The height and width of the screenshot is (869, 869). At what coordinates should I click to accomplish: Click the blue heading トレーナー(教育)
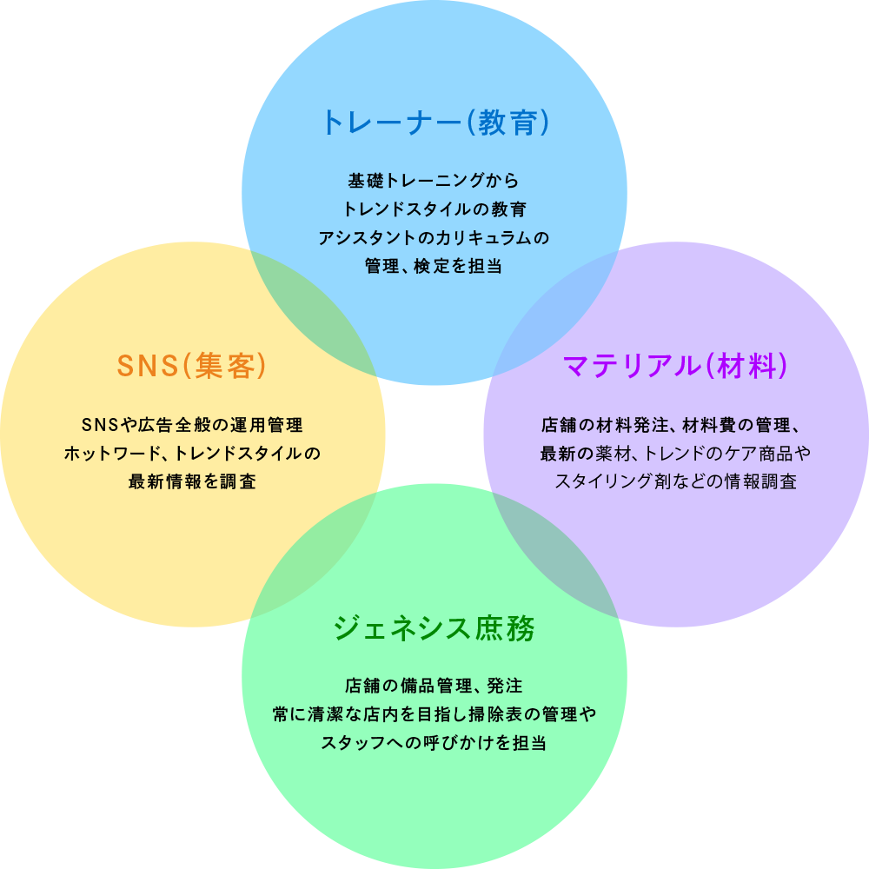click(434, 123)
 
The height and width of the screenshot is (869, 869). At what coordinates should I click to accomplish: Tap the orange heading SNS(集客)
click(192, 366)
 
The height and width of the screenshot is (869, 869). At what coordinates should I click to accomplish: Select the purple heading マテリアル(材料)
click(676, 366)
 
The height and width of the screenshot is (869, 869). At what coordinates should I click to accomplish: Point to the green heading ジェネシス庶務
click(434, 627)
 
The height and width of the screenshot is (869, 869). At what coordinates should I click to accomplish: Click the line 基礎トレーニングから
click(434, 182)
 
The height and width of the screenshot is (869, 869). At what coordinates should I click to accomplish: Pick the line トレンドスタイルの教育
click(434, 209)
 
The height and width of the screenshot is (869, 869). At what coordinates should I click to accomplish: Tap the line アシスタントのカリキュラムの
click(434, 237)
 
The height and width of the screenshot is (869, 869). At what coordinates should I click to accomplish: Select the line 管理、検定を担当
click(434, 266)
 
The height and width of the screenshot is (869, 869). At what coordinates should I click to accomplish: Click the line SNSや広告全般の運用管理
click(192, 426)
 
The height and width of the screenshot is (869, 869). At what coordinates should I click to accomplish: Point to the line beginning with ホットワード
click(192, 454)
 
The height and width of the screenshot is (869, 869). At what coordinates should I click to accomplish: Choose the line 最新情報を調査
click(192, 481)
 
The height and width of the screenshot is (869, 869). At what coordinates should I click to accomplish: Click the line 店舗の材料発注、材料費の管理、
click(676, 426)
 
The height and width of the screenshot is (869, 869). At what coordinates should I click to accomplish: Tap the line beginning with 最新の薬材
click(676, 454)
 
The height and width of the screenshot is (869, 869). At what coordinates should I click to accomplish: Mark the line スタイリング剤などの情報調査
click(676, 481)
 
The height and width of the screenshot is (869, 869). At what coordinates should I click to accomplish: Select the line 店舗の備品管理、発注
click(434, 687)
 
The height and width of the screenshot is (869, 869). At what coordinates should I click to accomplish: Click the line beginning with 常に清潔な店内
click(434, 714)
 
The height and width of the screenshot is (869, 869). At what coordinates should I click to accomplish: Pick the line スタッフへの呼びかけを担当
click(434, 743)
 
